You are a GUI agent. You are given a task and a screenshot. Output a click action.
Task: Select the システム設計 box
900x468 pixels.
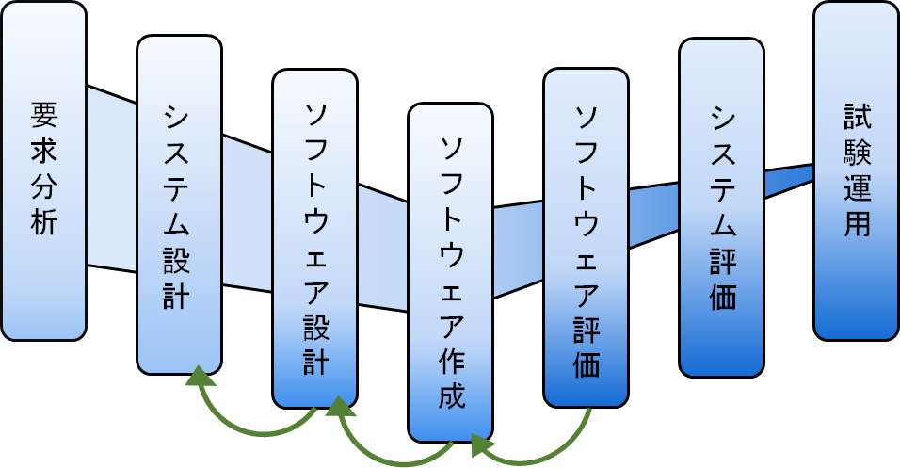tap(180, 204)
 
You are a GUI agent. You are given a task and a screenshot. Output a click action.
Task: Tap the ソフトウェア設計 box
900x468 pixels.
tap(315, 237)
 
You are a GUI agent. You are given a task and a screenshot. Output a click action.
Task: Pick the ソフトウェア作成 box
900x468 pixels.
tap(450, 271)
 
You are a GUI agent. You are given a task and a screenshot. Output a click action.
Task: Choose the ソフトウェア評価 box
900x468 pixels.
tap(586, 237)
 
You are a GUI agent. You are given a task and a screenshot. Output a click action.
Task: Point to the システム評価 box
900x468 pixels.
tap(721, 207)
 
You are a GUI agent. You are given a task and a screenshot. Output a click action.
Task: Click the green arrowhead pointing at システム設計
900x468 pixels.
tap(199, 377)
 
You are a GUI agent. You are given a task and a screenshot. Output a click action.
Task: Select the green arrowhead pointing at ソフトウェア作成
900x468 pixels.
tap(482, 444)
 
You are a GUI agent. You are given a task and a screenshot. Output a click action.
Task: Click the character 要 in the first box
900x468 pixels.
tap(44, 114)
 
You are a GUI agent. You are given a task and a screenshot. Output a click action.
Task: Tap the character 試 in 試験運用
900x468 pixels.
tap(857, 118)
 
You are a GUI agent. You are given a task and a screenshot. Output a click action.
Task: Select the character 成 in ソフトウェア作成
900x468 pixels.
tap(451, 395)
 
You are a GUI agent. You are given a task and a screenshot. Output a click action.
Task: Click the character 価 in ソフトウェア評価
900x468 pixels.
tap(587, 362)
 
